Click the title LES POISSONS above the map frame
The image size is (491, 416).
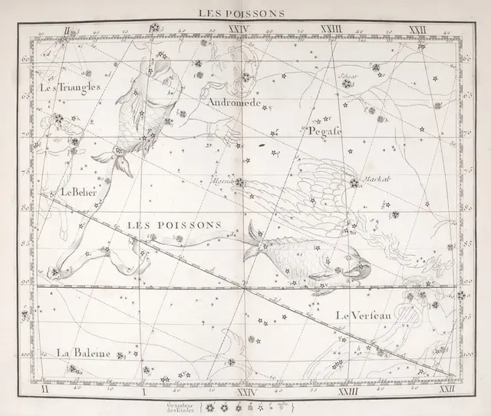coord(242,12)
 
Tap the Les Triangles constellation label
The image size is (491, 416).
coord(70,88)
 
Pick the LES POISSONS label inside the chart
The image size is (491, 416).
coord(173,225)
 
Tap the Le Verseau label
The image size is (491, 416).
coord(364,315)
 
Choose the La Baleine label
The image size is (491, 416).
coord(84,353)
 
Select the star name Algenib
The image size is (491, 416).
coord(223,181)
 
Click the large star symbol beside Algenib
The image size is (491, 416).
coord(240,183)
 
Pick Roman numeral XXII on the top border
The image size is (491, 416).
coord(417,30)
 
